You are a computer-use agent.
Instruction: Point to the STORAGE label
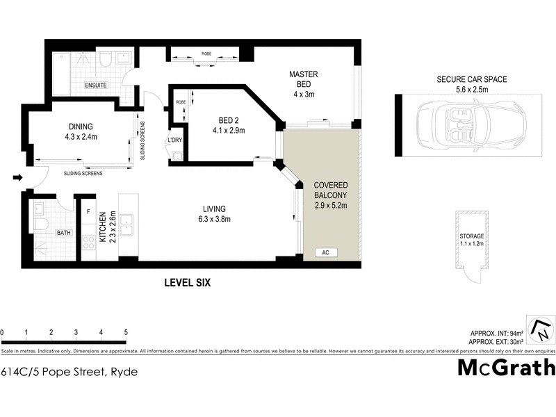coord(471,236)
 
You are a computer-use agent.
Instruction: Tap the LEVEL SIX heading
coord(187,283)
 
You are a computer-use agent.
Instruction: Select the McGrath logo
coord(505,367)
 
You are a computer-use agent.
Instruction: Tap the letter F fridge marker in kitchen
coord(88,210)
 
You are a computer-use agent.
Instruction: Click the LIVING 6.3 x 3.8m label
coord(214,214)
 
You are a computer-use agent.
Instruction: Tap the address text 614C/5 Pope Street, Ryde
coord(69,372)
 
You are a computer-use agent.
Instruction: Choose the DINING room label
coord(81,131)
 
